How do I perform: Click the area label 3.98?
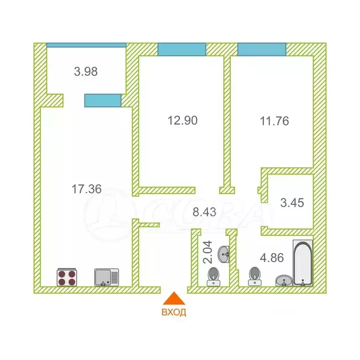[x=86, y=71]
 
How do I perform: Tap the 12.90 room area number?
[x=182, y=120]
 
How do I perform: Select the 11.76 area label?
[x=274, y=121]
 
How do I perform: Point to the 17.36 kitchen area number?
[x=87, y=189]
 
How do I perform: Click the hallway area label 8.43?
[x=204, y=212]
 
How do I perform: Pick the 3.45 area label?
[x=292, y=202]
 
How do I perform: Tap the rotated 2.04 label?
[x=208, y=252]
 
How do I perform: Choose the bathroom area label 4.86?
[x=272, y=258]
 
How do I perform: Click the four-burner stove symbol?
[x=67, y=277]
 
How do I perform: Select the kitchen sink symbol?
[x=106, y=277]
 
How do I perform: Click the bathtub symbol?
[x=303, y=263]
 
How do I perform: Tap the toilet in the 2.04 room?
[x=214, y=277]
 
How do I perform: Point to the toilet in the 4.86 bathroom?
[x=255, y=276]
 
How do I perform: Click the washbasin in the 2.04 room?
[x=224, y=254]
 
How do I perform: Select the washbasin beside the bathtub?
[x=284, y=281]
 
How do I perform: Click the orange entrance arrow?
[x=174, y=298]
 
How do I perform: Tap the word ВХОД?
[x=174, y=312]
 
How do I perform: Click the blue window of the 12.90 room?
[x=181, y=49]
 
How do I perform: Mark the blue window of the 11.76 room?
[x=262, y=49]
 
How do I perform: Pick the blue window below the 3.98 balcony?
[x=103, y=100]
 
